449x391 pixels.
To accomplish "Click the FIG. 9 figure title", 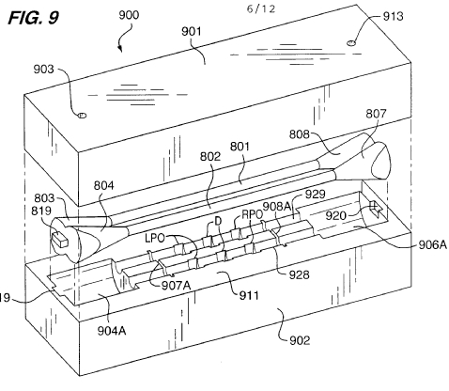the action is coord(33,18).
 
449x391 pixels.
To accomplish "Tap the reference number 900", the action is coord(129,15).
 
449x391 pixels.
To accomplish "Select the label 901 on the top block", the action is coord(192,31).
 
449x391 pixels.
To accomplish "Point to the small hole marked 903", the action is coord(82,116).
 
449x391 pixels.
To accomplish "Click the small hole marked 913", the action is coord(351,42).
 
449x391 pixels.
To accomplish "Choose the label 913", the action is coord(393,16).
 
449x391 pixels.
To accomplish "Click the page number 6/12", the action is coord(261,8).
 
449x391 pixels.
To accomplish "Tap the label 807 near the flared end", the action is coord(376,114).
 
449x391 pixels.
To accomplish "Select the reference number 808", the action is coord(300,134).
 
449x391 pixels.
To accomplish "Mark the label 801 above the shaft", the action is coord(240,147).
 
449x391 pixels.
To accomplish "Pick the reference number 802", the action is coord(210,156).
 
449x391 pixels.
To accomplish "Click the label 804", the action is coord(104,186).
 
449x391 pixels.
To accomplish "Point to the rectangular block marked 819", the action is coord(60,239).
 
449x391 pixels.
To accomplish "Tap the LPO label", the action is coord(155,238).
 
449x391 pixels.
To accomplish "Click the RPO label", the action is coord(252,214).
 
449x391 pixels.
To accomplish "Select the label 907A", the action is coord(176,286).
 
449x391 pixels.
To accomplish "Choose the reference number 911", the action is coord(249,295).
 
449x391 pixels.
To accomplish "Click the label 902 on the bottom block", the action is coord(300,340).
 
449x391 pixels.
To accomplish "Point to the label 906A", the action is coord(433,244).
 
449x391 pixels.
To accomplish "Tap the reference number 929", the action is coord(315,194).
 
